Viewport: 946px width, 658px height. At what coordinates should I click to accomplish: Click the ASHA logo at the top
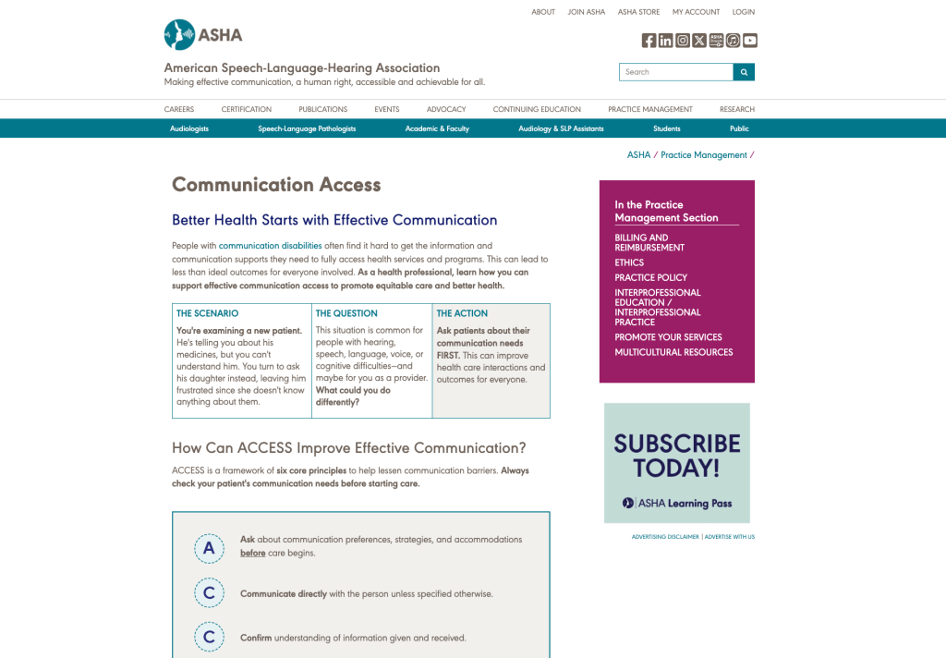point(203,35)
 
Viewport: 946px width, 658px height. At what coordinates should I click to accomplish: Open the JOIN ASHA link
point(587,12)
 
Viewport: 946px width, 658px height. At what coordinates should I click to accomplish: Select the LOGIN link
point(743,12)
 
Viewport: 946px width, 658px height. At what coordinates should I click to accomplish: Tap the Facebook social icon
point(649,41)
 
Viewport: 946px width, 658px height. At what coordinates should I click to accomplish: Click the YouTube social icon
point(750,41)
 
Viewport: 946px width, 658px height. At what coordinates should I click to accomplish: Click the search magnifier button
point(744,72)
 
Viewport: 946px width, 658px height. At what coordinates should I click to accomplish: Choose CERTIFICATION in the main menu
point(247,109)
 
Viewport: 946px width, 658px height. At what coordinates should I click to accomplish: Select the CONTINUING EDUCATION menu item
point(537,109)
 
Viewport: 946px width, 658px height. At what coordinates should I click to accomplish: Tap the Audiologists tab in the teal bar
point(189,128)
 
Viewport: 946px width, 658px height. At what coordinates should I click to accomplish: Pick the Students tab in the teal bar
point(666,128)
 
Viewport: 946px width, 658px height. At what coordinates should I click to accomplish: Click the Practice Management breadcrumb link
point(703,155)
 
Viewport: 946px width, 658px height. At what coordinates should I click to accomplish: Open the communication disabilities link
point(270,246)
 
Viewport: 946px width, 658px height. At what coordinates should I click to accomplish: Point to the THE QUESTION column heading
point(346,313)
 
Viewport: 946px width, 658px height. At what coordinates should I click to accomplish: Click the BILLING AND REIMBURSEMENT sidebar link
point(649,242)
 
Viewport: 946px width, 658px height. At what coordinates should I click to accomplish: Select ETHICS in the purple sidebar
point(629,262)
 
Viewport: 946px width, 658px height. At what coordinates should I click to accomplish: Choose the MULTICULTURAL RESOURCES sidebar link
point(673,352)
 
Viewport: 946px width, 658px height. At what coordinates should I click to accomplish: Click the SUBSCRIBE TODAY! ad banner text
point(677,455)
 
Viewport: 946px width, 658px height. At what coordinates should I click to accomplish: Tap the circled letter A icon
point(209,548)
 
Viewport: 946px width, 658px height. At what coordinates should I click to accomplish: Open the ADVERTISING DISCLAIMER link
point(665,537)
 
